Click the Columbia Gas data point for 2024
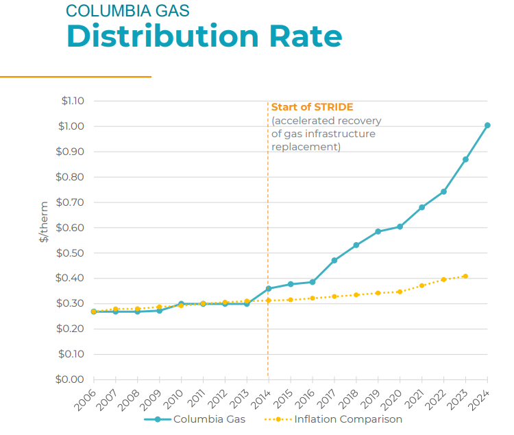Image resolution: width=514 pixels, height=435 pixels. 487,126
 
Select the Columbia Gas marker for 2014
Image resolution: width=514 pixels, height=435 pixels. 269,289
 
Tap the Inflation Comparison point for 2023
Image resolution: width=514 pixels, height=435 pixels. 465,277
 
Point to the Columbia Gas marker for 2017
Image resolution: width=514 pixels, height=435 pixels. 334,261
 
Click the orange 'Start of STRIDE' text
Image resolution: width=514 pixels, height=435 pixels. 312,107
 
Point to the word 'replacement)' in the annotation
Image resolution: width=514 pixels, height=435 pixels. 306,147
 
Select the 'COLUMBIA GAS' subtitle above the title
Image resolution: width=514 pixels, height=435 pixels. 127,10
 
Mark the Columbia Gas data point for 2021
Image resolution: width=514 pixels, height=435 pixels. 422,207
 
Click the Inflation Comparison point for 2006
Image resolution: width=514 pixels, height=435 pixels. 94,311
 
